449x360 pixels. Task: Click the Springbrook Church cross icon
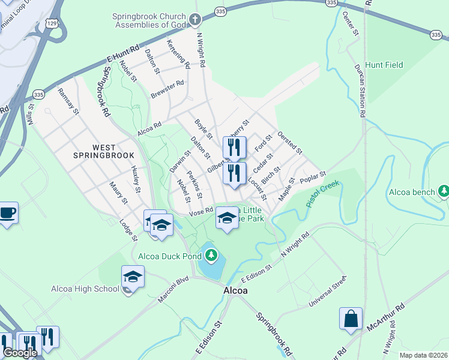tap(194, 20)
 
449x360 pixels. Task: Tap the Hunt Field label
tap(384, 65)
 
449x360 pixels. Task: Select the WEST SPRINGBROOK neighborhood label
tap(104, 151)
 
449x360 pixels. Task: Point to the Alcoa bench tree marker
tap(444, 191)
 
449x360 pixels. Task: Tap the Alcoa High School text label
tap(85, 289)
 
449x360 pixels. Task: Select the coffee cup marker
tap(8, 212)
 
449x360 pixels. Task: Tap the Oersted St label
tap(290, 143)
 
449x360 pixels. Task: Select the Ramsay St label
tap(67, 101)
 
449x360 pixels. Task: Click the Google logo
tap(19, 353)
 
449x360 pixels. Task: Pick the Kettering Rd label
tap(178, 53)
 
